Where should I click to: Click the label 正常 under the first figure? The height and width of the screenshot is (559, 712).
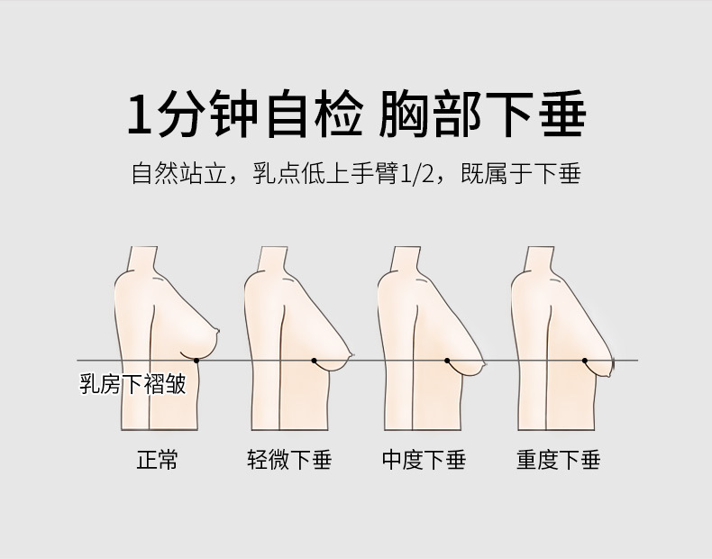[157, 460]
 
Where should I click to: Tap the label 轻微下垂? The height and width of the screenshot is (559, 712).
[289, 460]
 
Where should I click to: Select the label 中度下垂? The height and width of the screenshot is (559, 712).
[424, 460]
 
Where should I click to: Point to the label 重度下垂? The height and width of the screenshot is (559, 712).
[558, 460]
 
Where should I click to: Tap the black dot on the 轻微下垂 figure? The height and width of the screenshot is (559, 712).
[315, 361]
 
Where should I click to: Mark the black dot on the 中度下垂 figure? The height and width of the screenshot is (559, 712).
[447, 361]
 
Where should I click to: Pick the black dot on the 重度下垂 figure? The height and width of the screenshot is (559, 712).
[584, 361]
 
